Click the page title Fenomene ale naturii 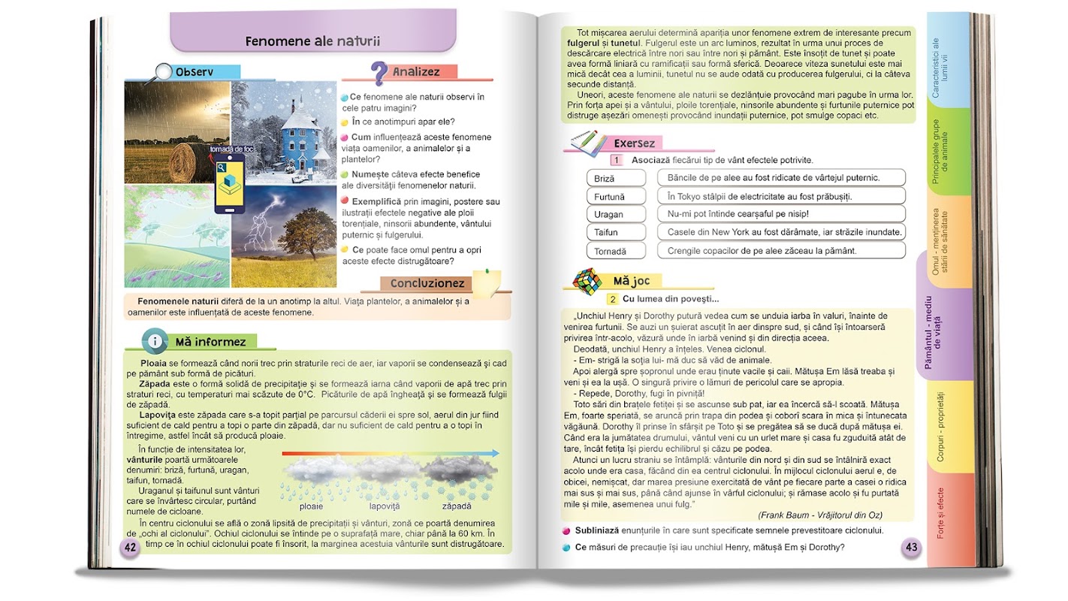coord(312,41)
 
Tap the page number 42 coord(130,547)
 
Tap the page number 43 coord(911,547)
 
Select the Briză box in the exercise coord(615,178)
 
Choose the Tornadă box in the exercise coord(615,251)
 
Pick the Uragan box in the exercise coord(615,214)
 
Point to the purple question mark coord(379,73)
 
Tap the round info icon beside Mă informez coord(155,342)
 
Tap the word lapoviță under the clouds coord(385,506)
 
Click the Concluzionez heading coord(427,284)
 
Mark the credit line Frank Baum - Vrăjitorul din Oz coord(820,515)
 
